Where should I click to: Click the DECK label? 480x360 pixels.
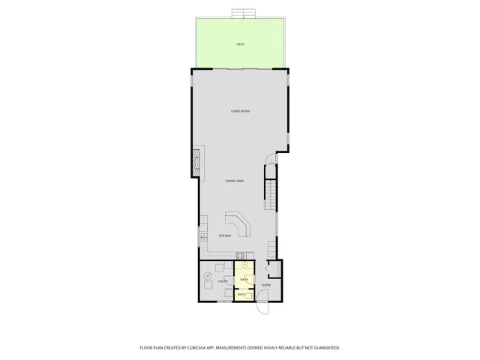click(x=240, y=44)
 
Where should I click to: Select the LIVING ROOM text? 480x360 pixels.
click(x=240, y=111)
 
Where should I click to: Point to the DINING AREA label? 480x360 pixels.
click(x=235, y=181)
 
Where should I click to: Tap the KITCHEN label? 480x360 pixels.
click(x=225, y=236)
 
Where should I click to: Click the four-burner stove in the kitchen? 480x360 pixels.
click(x=240, y=256)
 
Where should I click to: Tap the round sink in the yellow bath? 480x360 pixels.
click(x=244, y=265)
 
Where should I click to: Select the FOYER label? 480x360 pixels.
click(x=265, y=285)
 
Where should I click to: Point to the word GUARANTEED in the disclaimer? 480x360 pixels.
click(x=325, y=348)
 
